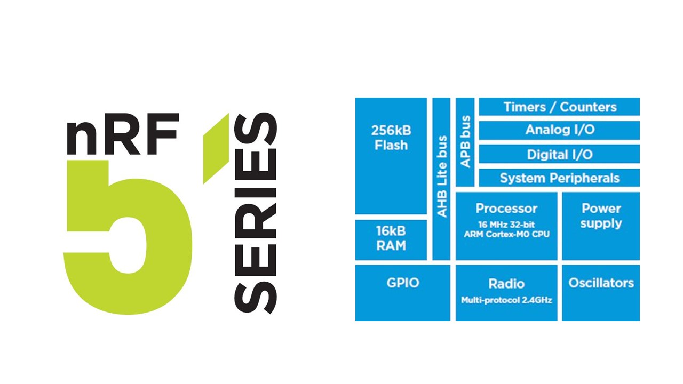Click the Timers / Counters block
(x=559, y=107)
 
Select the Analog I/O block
(x=559, y=131)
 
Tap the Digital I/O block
(x=559, y=154)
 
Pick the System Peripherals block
(x=559, y=178)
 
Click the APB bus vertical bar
(x=465, y=142)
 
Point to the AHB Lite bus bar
(x=441, y=179)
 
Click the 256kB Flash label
(x=391, y=138)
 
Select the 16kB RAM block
(x=391, y=240)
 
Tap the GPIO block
(x=403, y=293)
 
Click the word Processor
(x=506, y=209)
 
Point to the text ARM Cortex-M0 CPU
(x=506, y=234)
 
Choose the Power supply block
(x=601, y=226)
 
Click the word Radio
(x=506, y=284)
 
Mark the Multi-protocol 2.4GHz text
(x=506, y=300)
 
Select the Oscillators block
(x=601, y=293)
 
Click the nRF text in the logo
(x=123, y=134)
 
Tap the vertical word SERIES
(x=256, y=213)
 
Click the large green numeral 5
(x=128, y=237)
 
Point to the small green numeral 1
(x=216, y=148)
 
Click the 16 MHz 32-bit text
(x=506, y=225)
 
